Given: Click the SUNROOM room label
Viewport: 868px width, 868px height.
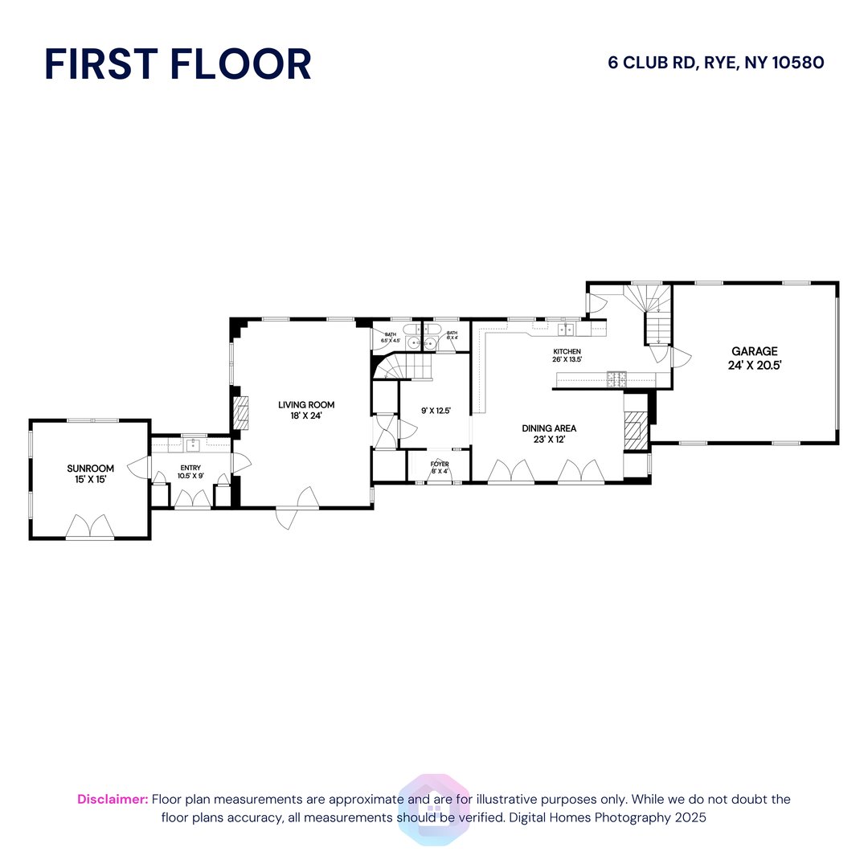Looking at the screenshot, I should (x=90, y=469).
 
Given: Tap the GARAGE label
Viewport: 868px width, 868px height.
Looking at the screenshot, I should (x=754, y=351).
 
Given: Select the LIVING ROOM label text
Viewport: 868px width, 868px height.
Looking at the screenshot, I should (x=306, y=405).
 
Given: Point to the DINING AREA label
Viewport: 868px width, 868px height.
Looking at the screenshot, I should (x=549, y=428).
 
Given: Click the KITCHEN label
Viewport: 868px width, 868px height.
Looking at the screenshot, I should (x=567, y=352).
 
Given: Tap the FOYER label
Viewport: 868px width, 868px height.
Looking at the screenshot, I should (x=440, y=464).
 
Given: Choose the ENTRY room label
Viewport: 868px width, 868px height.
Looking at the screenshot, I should (x=190, y=468).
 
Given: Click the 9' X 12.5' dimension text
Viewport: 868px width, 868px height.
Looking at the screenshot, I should (x=436, y=411).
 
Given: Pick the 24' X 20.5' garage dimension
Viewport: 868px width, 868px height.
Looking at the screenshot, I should (x=754, y=364).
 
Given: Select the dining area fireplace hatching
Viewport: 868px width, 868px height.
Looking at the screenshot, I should (x=635, y=432).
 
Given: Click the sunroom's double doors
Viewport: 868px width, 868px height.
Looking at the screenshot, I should (x=90, y=526).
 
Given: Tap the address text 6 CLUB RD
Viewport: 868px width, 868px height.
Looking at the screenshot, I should (x=652, y=63).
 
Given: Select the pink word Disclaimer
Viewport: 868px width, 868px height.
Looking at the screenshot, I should (x=113, y=799).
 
